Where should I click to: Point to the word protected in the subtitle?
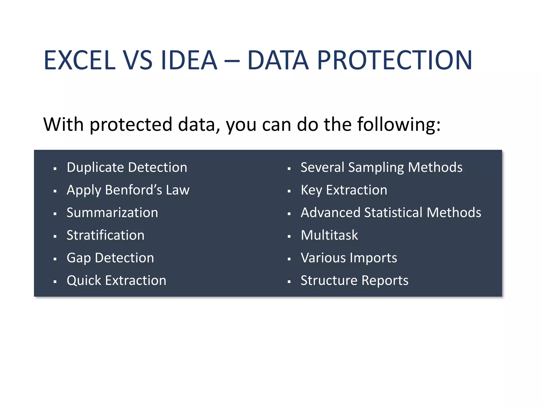pyautogui.click(x=131, y=125)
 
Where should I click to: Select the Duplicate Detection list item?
pyautogui.click(x=127, y=167)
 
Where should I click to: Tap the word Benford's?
pyautogui.click(x=134, y=190)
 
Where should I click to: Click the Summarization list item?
pyautogui.click(x=112, y=213)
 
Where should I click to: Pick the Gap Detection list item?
pyautogui.click(x=110, y=258)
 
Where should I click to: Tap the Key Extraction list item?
pyautogui.click(x=344, y=190)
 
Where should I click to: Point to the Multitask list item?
pyautogui.click(x=329, y=235)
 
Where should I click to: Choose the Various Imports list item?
pyautogui.click(x=349, y=258)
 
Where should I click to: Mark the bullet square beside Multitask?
pyautogui.click(x=289, y=237)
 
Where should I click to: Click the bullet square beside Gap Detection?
pyautogui.click(x=55, y=259)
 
